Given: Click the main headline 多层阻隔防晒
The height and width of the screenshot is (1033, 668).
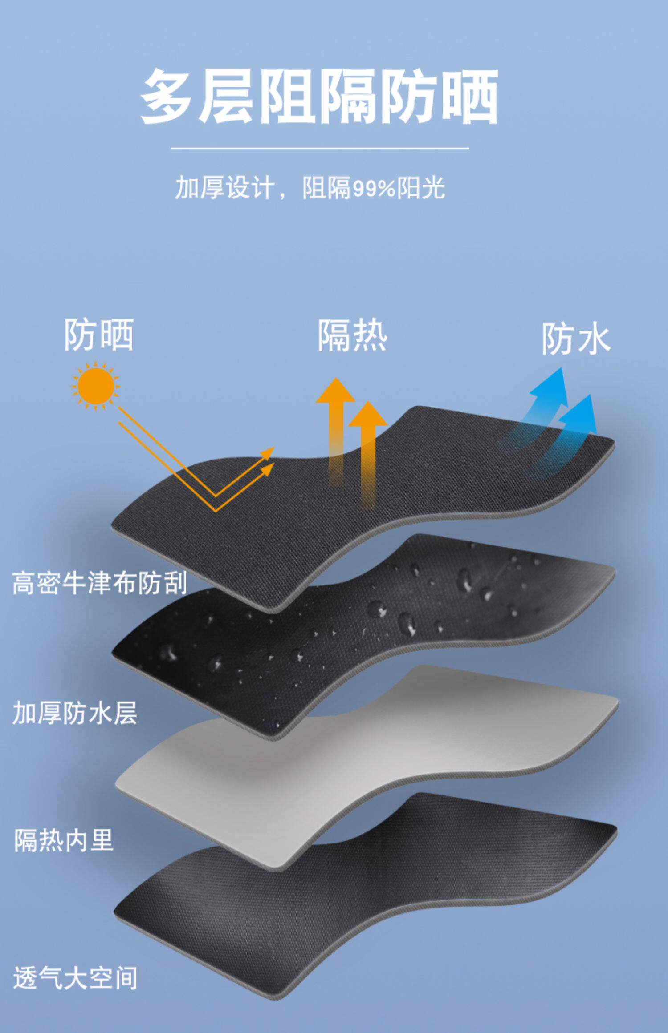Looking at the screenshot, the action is tap(319, 97).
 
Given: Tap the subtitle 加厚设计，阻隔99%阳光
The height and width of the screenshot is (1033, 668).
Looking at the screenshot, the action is tap(310, 188).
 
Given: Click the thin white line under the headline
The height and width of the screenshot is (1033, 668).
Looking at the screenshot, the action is tap(320, 148).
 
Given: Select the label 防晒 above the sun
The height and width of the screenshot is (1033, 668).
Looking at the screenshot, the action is tap(99, 335).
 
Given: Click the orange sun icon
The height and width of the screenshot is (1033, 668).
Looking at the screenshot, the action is tap(96, 385).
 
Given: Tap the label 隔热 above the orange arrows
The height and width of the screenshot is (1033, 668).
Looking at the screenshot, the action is tap(352, 336).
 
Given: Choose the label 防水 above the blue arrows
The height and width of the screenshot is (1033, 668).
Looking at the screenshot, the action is tap(576, 339).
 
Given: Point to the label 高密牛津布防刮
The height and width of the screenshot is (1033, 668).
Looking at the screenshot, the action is tap(99, 583).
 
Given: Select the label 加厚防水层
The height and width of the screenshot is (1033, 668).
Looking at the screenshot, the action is tap(75, 712).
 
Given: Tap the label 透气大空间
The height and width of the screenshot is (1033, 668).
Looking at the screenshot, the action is tap(75, 977).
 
